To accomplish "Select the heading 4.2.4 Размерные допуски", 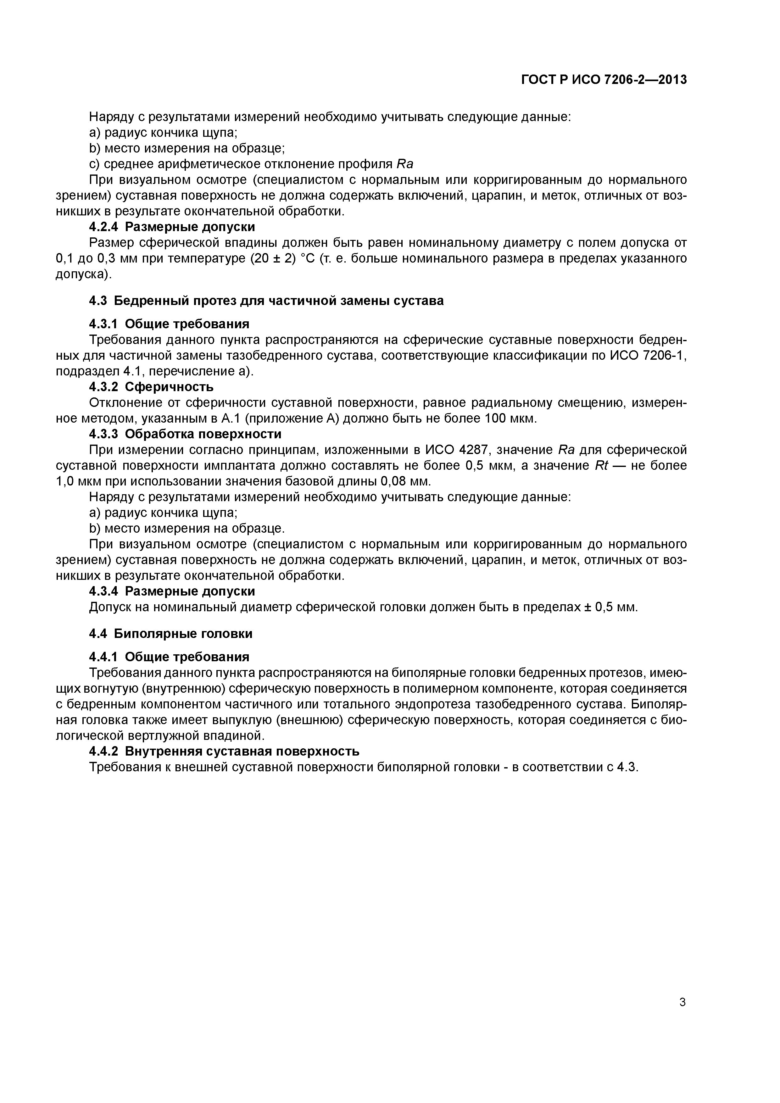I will tap(172, 226).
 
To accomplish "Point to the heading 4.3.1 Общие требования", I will tap(169, 323).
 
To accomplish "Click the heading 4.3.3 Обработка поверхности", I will tap(185, 434).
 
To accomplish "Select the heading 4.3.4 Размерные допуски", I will tap(172, 591).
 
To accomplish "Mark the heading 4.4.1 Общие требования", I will tap(169, 656).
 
